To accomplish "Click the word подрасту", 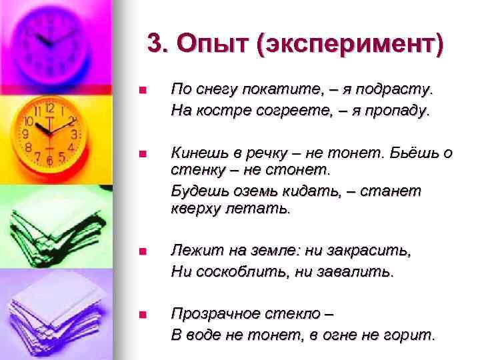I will pos(402,89).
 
